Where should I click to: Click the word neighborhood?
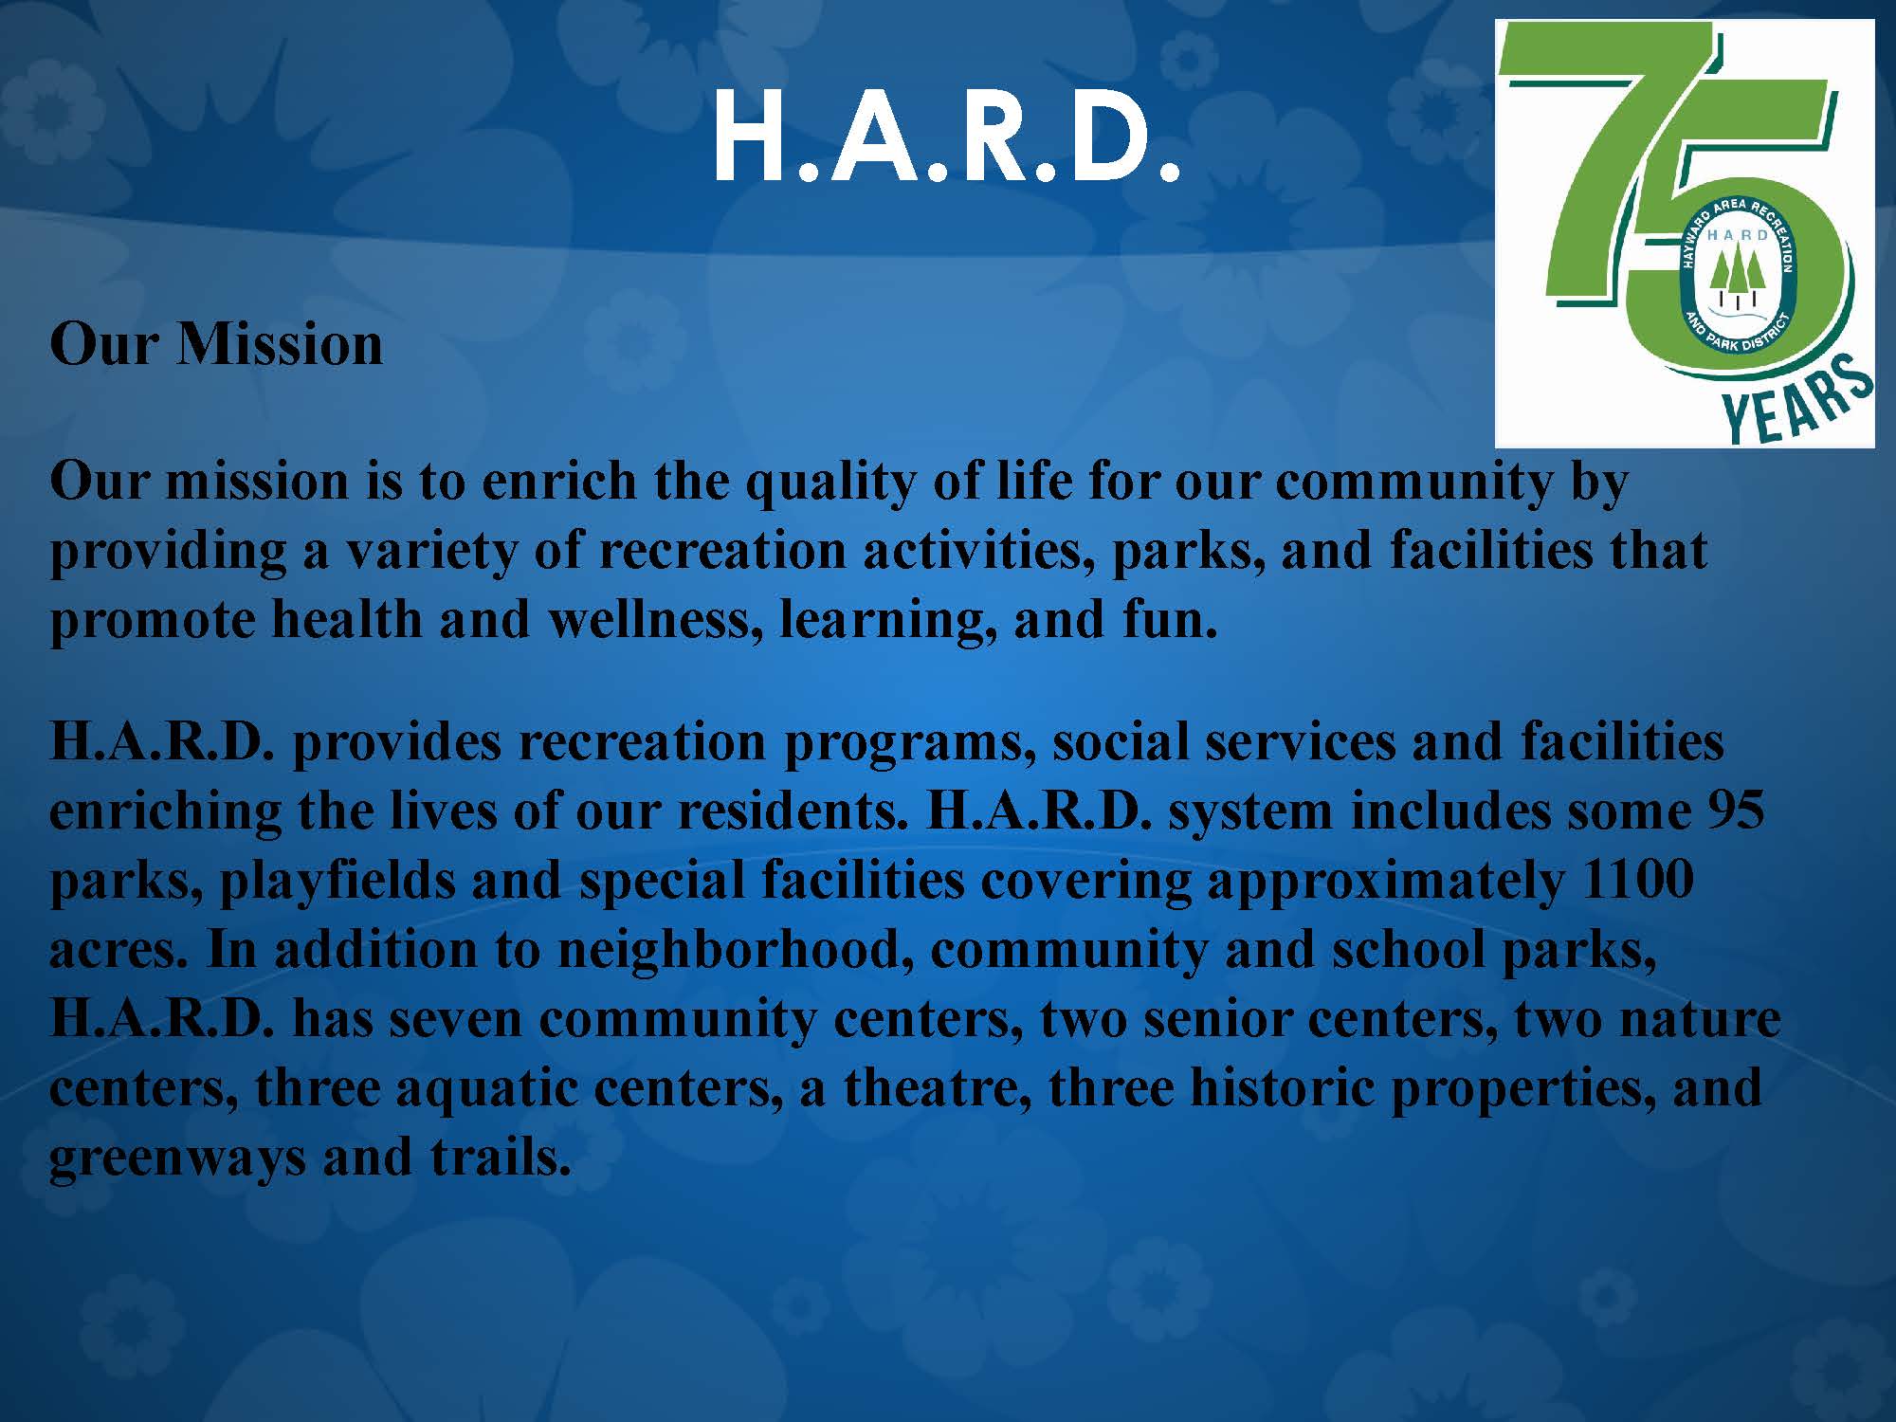[x=728, y=950]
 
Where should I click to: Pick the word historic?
[x=1282, y=1088]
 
